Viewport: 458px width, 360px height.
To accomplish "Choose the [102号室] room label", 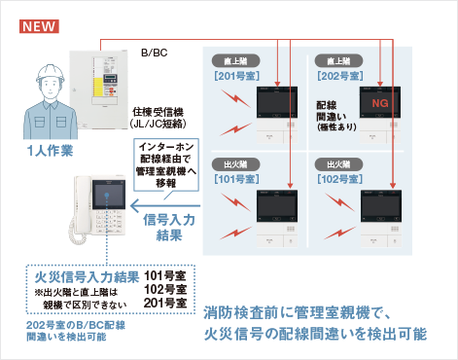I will (x=339, y=180).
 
